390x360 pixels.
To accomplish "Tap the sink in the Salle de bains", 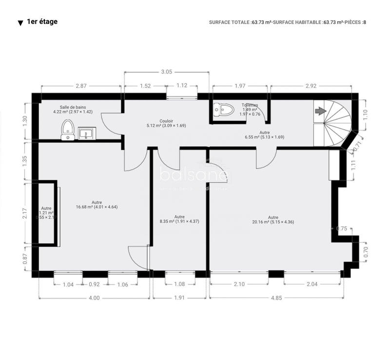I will coord(87,133).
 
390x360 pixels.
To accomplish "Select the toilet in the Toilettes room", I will coord(224,110).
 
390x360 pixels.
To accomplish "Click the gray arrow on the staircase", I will coord(320,112).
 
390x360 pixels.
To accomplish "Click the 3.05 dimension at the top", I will coord(166,72).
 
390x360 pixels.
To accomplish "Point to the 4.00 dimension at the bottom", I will coord(94,298).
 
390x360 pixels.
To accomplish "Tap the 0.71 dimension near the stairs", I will coord(360,144).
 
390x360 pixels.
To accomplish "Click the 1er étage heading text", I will coord(42,22).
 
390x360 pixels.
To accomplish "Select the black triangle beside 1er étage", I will coord(20,23).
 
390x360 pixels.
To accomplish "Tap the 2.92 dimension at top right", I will coord(311,86).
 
